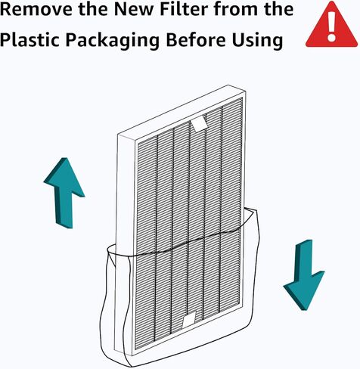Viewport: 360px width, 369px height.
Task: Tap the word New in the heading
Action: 134,9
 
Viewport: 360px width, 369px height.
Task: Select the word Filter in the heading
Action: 184,9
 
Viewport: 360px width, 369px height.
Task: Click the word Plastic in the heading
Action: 29,40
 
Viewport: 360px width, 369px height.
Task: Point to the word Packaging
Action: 113,41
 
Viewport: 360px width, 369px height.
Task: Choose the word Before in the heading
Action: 196,40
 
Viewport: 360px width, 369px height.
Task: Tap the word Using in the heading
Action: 257,41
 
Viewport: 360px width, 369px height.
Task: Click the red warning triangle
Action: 331,25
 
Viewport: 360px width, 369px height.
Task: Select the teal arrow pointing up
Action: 64,193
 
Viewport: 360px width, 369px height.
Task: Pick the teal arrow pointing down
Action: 304,274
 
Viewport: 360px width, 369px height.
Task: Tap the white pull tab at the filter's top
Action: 199,124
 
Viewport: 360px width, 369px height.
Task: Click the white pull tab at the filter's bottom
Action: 189,320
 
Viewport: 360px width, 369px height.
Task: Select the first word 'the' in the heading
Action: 94,9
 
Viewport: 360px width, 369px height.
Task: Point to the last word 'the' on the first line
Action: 279,9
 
